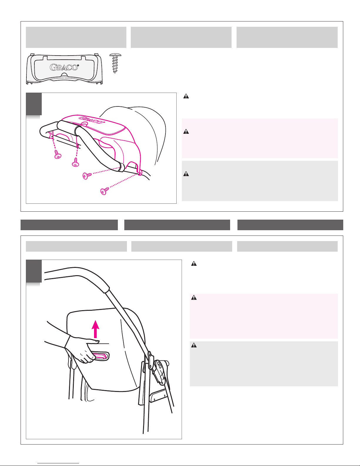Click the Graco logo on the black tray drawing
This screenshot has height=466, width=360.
64,67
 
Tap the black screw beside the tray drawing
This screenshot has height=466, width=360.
115,63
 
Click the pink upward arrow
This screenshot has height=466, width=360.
95,329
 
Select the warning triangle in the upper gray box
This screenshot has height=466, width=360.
186,174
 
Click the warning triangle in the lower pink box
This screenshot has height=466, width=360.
194,298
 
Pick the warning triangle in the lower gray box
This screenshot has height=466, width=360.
194,345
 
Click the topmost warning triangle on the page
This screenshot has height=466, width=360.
186,96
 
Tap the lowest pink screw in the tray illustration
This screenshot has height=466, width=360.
103,191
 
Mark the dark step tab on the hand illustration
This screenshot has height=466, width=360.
34,271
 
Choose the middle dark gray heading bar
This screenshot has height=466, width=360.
177,225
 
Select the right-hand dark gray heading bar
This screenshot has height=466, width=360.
290,225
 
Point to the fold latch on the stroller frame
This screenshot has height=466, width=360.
160,372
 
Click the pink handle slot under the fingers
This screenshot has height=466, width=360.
101,356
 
